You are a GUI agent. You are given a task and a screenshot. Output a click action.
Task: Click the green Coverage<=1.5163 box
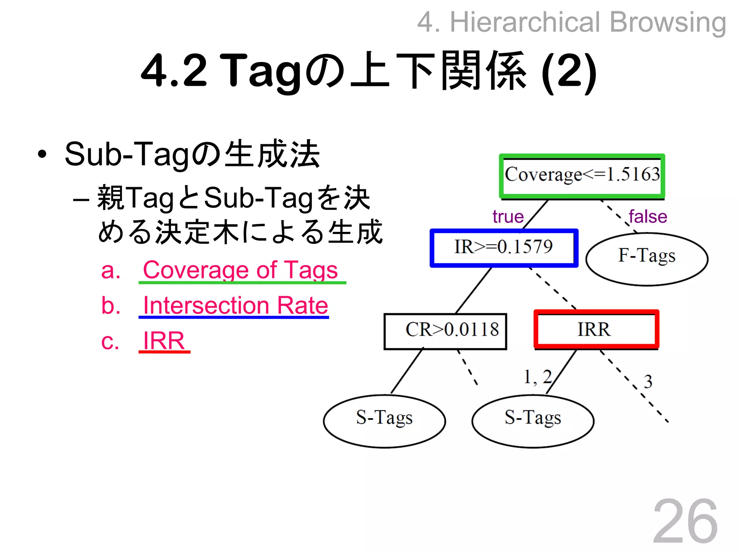582,176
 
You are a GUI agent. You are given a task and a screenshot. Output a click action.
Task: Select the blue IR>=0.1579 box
504,248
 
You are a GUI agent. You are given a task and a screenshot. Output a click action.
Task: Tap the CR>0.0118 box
445,331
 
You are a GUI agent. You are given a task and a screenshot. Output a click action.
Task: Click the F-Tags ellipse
647,259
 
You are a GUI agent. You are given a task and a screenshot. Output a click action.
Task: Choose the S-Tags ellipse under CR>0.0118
384,421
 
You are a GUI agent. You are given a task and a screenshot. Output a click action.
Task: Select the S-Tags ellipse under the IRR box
533,421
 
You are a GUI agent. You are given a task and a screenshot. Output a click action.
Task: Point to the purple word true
508,217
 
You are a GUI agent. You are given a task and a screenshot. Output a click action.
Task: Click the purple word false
648,217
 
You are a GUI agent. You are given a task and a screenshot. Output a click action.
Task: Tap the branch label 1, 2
538,377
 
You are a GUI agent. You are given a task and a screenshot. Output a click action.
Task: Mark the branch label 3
648,382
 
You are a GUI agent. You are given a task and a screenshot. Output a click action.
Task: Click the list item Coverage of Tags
240,270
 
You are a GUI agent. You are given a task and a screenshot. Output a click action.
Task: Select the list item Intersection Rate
235,305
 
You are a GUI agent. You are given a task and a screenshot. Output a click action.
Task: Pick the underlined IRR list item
164,340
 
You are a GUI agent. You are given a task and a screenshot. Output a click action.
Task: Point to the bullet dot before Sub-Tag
42,154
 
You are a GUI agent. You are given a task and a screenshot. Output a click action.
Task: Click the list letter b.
110,306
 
